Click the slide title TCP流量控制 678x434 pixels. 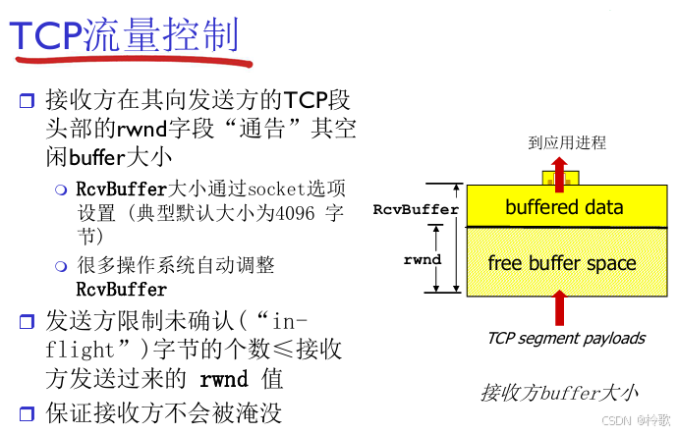click(125, 35)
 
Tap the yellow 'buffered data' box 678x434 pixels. click(563, 207)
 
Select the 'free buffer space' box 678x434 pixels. click(563, 263)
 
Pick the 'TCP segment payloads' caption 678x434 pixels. click(565, 338)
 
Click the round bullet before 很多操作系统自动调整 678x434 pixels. click(61, 266)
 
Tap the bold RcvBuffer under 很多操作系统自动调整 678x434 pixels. click(121, 290)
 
